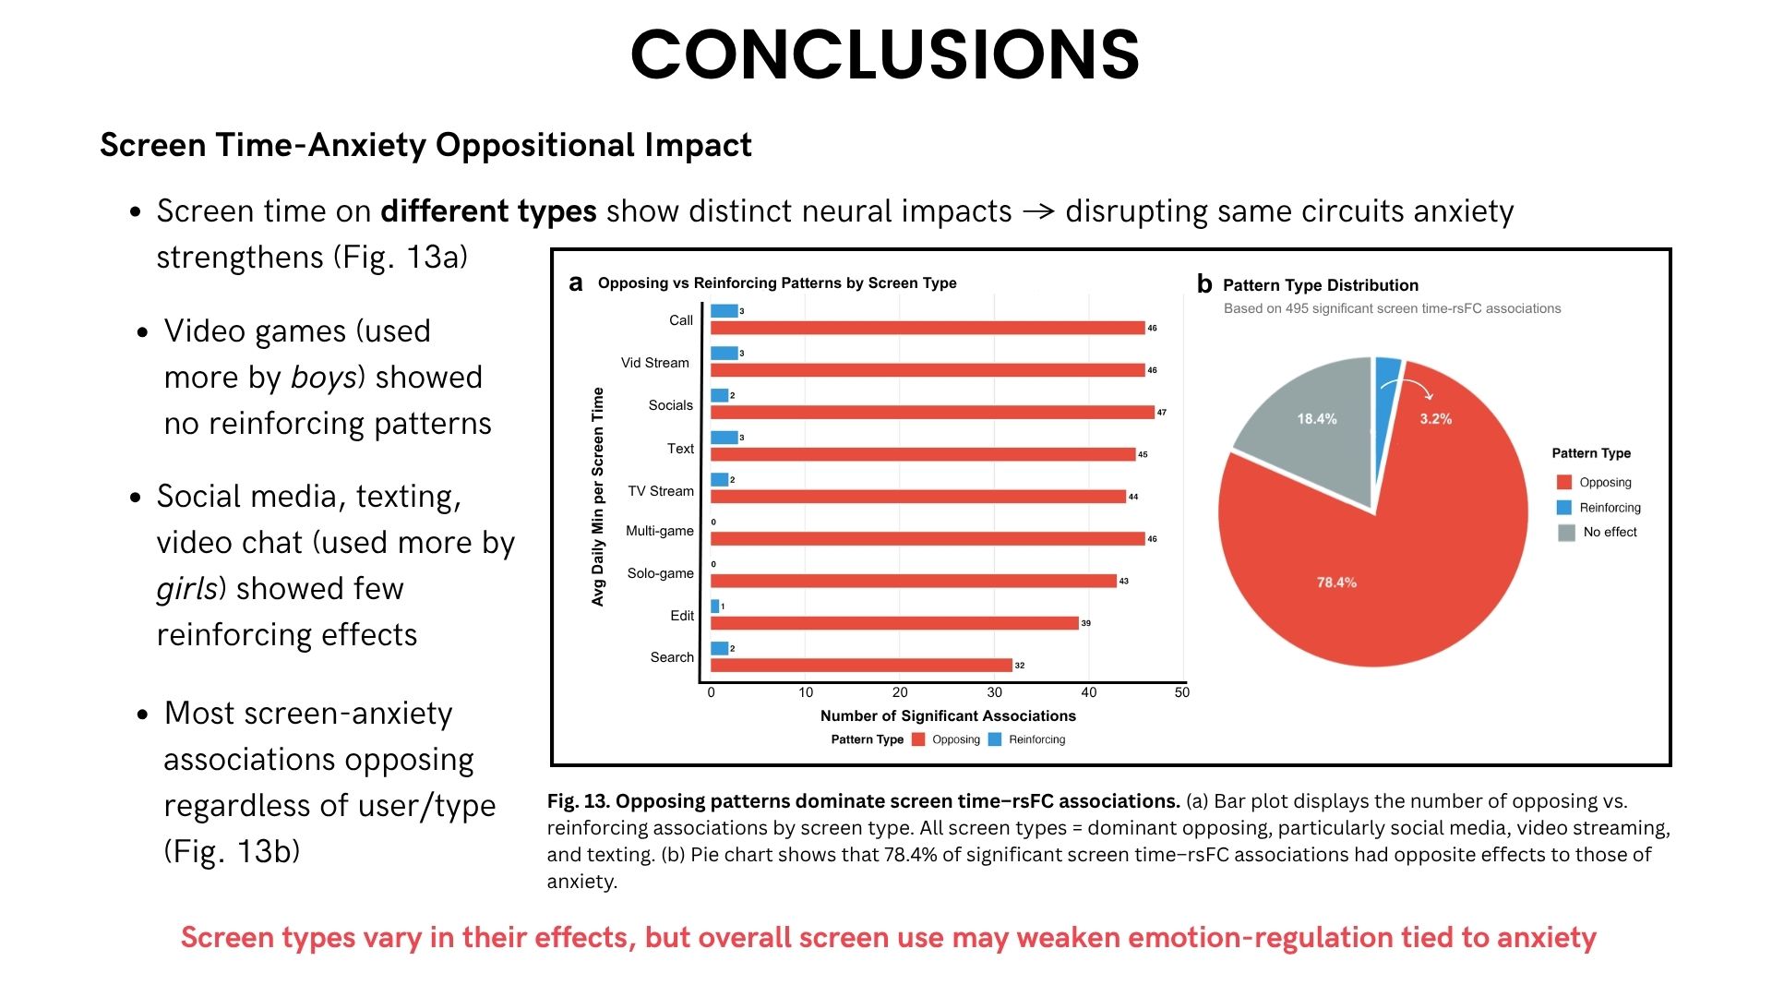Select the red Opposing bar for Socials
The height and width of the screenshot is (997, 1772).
point(932,412)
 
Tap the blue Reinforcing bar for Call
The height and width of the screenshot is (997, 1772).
point(724,311)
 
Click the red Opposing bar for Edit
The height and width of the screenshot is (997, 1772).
point(894,623)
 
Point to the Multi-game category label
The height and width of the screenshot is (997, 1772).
point(659,531)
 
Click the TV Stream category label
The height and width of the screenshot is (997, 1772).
point(660,491)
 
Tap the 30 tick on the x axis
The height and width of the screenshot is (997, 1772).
point(994,692)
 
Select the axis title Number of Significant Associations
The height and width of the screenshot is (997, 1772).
point(948,715)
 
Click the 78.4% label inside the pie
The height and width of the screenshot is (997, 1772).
point(1336,583)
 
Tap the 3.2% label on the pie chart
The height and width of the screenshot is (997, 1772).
point(1435,419)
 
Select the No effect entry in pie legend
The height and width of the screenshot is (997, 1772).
point(1610,532)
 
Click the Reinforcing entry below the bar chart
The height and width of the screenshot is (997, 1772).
point(1036,739)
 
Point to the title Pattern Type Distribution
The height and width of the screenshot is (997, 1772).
point(1320,285)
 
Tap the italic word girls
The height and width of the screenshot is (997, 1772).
point(187,589)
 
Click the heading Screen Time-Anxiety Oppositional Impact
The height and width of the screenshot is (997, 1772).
point(425,145)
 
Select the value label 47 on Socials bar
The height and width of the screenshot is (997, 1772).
point(1161,413)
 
